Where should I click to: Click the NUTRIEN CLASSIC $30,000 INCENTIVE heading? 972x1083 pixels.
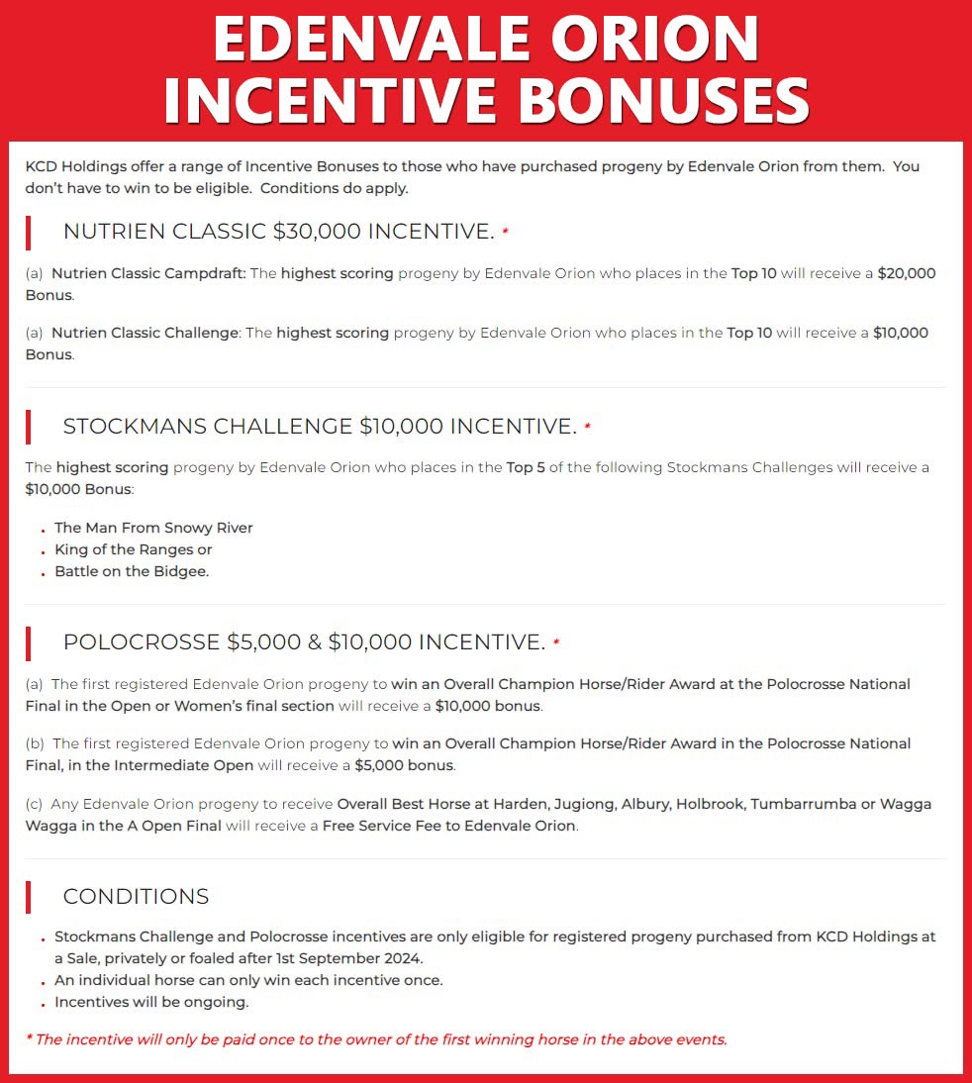278,232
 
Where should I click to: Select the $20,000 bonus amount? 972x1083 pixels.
906,273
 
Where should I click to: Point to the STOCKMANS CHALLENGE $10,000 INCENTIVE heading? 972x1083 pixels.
320,427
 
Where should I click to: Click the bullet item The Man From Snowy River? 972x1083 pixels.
153,528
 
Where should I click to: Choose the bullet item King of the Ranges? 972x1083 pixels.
133,549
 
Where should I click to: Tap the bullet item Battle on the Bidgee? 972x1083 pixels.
132,571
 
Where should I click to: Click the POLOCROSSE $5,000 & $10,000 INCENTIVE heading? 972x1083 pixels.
304,642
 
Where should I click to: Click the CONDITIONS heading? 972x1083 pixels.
136,897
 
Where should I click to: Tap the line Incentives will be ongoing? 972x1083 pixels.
151,1002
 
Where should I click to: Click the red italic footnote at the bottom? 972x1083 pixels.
376,1039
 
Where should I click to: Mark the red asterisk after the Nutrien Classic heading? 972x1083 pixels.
505,233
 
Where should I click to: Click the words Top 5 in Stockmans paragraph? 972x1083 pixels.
526,467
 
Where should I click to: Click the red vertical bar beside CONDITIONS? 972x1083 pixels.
29,897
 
